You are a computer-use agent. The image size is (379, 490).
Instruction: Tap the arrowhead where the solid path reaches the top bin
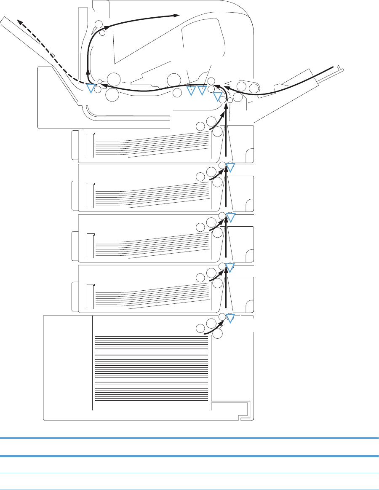[177, 16]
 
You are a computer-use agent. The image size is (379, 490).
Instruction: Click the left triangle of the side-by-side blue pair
[191, 90]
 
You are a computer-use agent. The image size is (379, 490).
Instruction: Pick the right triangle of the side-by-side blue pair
[202, 90]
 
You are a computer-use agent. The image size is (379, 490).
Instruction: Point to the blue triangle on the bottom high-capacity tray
[230, 318]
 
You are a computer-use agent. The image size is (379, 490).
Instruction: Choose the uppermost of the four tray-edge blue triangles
[230, 167]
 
